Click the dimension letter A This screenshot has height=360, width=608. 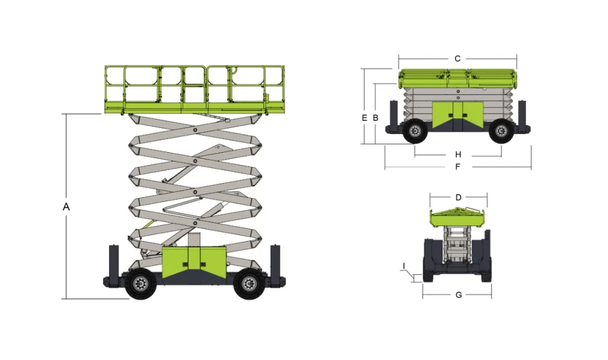tap(66, 207)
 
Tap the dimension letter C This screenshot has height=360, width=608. tap(458, 59)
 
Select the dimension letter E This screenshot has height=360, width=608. tap(364, 118)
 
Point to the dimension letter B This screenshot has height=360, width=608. tap(375, 118)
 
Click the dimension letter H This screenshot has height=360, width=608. tap(458, 155)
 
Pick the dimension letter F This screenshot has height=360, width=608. tap(458, 167)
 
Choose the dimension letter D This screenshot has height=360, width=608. tap(458, 197)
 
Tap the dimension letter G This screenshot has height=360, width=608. tap(459, 295)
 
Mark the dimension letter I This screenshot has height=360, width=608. tap(404, 266)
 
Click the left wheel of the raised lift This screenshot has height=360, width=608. tap(140, 284)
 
